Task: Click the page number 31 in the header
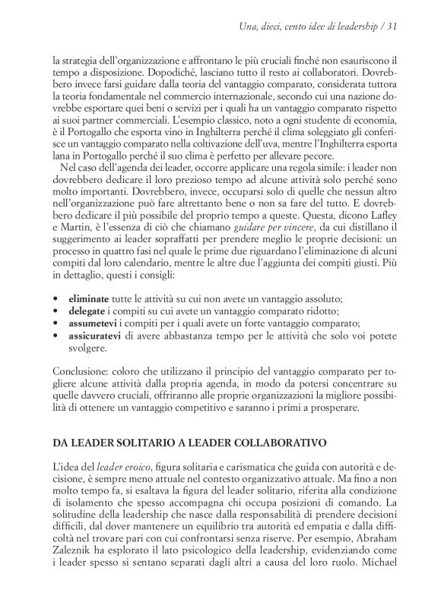coord(393,28)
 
